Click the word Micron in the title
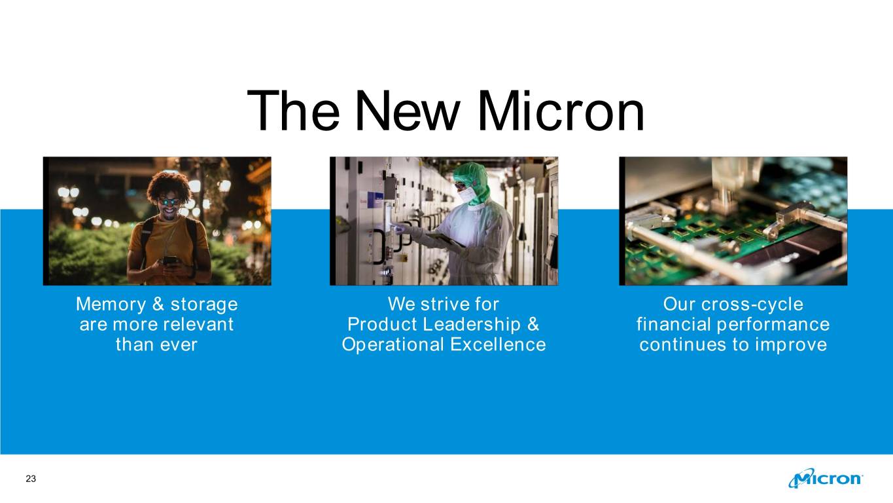click(x=561, y=111)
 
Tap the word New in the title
click(x=408, y=111)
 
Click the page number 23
click(x=31, y=479)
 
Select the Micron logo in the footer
click(x=826, y=478)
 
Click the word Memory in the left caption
click(x=111, y=305)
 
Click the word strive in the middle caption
click(x=440, y=304)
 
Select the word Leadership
click(x=472, y=324)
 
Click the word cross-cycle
click(x=752, y=305)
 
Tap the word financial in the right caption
click(x=673, y=324)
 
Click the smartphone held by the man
click(x=170, y=261)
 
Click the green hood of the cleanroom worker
click(x=473, y=181)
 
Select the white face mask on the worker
click(x=466, y=196)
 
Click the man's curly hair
click(x=169, y=185)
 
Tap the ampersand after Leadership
click(x=533, y=324)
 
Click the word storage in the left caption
click(x=204, y=305)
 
